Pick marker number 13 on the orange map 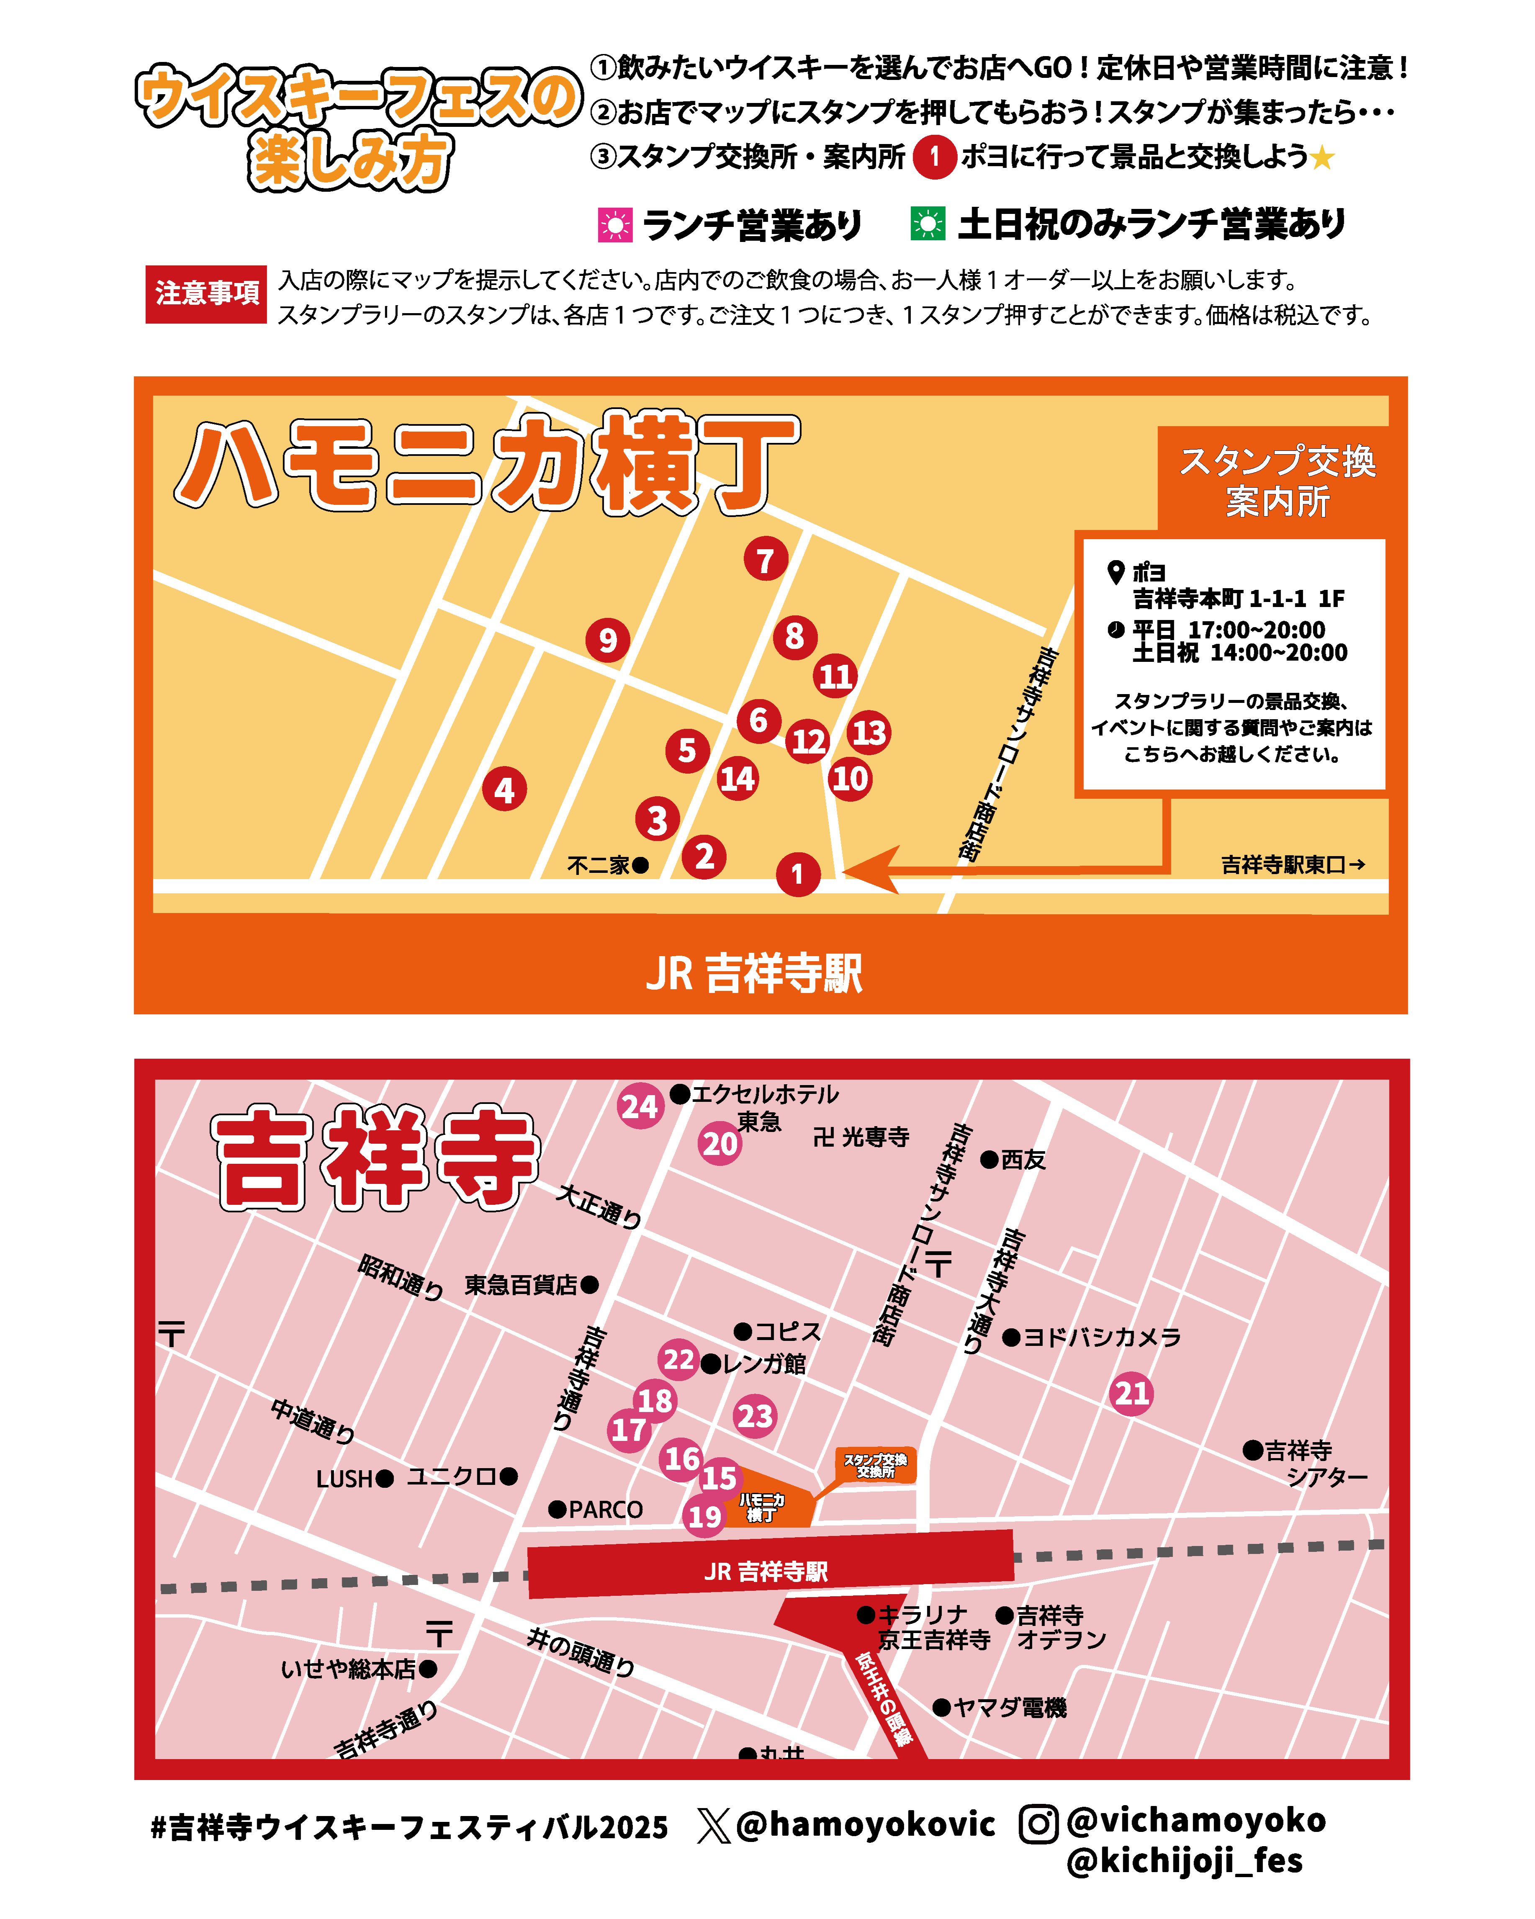coord(869,733)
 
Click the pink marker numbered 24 coord(640,1106)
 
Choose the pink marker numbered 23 coord(755,1415)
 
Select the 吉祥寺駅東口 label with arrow coord(1292,864)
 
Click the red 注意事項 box coord(206,294)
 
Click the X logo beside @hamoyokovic coord(713,1825)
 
